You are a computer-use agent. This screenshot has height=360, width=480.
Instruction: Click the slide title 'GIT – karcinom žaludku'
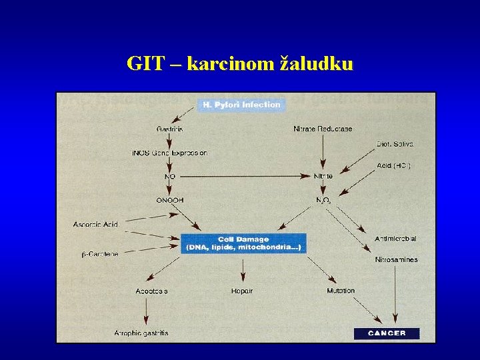coord(240,63)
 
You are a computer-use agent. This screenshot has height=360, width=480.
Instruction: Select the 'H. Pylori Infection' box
coord(241,105)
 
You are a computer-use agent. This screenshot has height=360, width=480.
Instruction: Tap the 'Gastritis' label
coord(170,129)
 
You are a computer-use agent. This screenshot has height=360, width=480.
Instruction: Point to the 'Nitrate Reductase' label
coord(323,129)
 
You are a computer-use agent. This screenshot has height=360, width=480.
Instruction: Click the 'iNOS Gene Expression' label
coord(169,153)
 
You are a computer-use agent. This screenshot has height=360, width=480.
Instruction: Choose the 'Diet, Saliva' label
coord(395,144)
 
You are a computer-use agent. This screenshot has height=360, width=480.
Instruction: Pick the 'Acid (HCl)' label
coord(393,166)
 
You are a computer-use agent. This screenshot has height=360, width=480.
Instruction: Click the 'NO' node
coord(170,177)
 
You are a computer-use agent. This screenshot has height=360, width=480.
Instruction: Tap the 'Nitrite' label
coord(323,177)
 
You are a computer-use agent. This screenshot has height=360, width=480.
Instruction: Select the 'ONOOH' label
coord(170,200)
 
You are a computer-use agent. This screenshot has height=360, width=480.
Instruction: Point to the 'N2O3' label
coord(323,200)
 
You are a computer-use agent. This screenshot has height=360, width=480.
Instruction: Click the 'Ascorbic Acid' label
coord(95,225)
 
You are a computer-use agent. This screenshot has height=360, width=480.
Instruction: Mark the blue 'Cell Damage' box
coord(243,243)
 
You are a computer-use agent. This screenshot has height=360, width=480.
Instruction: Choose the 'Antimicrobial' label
coord(395,238)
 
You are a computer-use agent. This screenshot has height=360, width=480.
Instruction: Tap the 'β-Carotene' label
coord(100,254)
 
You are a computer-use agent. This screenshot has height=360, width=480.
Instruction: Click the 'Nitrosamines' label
coord(396,259)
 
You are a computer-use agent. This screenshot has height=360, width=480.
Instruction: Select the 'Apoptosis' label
coord(151,291)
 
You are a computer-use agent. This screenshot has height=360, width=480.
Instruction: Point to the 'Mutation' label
coord(341,291)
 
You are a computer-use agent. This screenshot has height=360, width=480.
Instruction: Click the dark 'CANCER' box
coord(387,333)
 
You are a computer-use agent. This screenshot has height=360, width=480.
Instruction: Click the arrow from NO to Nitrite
coord(247,177)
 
